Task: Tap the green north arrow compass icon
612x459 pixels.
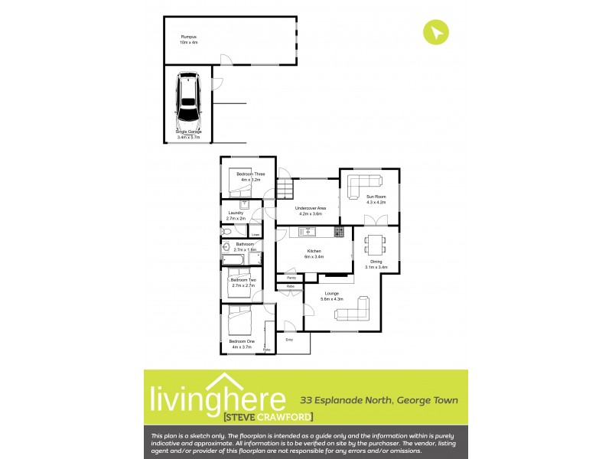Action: [x=436, y=33]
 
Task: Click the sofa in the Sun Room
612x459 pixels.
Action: [x=365, y=184]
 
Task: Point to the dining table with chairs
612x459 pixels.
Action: [x=376, y=244]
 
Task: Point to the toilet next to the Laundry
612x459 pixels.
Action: [x=227, y=230]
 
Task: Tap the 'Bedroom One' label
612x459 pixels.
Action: [x=242, y=341]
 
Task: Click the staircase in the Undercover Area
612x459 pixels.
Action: [x=284, y=187]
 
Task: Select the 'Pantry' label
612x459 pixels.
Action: [x=291, y=278]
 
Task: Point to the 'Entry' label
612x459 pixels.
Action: [x=289, y=339]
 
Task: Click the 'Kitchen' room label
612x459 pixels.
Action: [x=314, y=251]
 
